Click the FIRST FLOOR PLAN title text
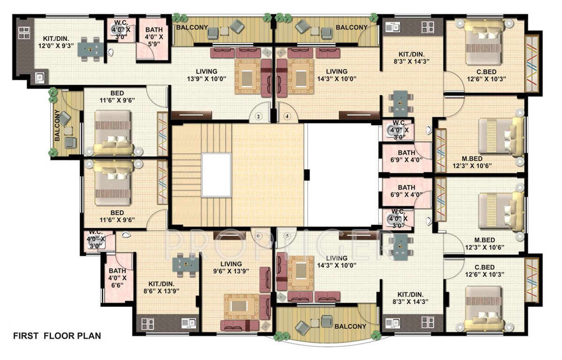click(57, 336)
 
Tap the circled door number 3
click(258, 115)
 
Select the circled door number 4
click(287, 115)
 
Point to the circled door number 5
click(287, 235)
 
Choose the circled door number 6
click(258, 235)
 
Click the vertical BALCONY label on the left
click(57, 126)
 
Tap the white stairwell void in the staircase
click(216, 175)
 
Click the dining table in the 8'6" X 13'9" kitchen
click(186, 265)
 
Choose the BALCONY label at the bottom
click(350, 327)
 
